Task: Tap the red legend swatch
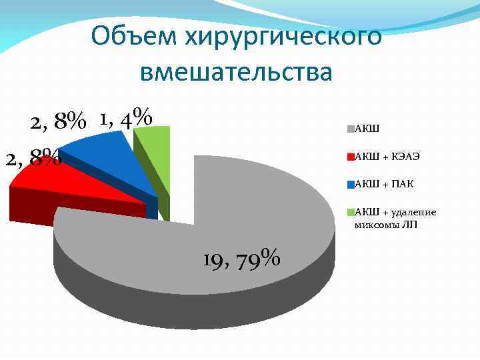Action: (351, 157)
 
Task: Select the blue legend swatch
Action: (351, 184)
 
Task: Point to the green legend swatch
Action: (351, 212)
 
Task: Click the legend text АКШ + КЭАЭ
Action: (387, 157)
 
